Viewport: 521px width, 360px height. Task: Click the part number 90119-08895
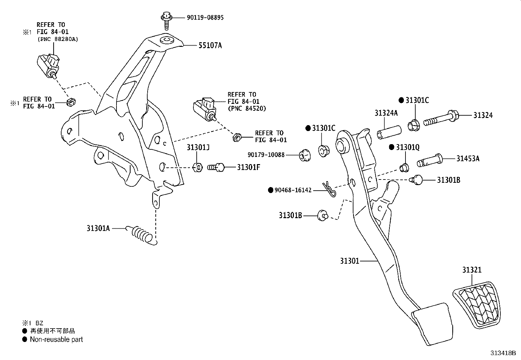coord(205,17)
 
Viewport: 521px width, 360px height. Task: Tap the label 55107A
coord(210,46)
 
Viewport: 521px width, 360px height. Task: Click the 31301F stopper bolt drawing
coord(216,167)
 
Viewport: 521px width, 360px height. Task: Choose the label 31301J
coord(198,147)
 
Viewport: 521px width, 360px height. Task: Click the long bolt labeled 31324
coord(441,118)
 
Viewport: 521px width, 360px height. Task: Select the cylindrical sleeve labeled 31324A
coord(389,132)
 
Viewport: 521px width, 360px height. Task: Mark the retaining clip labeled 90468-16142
coord(329,189)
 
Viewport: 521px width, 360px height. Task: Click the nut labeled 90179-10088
coord(305,155)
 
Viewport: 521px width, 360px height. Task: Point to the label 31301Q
coord(407,147)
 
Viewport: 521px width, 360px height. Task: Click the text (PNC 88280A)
coord(58,39)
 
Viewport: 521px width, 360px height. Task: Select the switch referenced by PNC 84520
coord(205,109)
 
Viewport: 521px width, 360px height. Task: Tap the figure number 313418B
coord(503,353)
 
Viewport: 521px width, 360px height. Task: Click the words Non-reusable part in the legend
coord(56,339)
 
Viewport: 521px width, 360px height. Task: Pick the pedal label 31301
coord(350,261)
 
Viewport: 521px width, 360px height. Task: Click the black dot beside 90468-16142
coord(271,190)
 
